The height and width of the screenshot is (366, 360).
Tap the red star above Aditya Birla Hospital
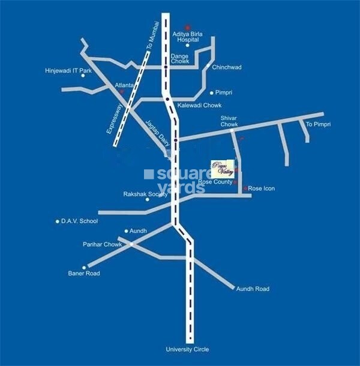click(x=188, y=27)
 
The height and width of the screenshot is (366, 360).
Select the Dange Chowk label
click(x=180, y=59)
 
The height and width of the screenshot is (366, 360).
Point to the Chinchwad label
click(x=227, y=67)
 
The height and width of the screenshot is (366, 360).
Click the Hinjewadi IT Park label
click(x=68, y=71)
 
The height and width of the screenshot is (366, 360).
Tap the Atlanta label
click(x=124, y=85)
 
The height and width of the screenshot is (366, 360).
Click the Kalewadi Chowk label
click(x=199, y=104)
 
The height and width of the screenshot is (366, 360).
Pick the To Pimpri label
click(x=318, y=124)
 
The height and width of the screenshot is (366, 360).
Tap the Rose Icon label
click(x=262, y=188)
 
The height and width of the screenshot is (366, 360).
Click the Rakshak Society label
click(x=145, y=194)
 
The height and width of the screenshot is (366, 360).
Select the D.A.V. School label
click(x=79, y=221)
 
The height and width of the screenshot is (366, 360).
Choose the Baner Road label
click(x=84, y=274)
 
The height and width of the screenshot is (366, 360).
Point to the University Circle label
click(x=188, y=349)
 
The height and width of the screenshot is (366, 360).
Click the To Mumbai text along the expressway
click(x=150, y=38)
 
